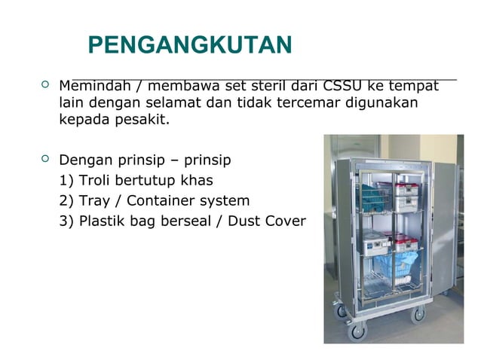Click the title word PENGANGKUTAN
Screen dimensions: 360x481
coord(190,46)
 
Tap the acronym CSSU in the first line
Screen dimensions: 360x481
coord(345,84)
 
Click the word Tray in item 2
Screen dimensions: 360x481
coord(97,201)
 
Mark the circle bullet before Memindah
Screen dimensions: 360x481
coord(43,84)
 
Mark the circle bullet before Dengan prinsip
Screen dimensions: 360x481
coord(43,159)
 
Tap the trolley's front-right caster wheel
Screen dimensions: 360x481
coord(418,315)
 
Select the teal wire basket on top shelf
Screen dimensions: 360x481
coord(375,197)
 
